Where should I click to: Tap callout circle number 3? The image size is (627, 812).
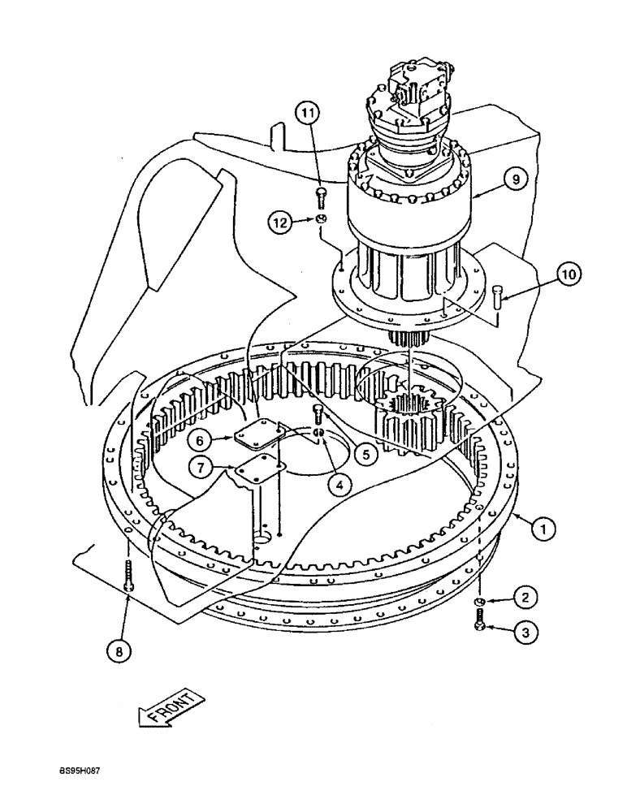(530, 633)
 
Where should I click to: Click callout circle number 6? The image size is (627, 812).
(198, 438)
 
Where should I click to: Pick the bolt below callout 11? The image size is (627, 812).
(320, 195)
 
